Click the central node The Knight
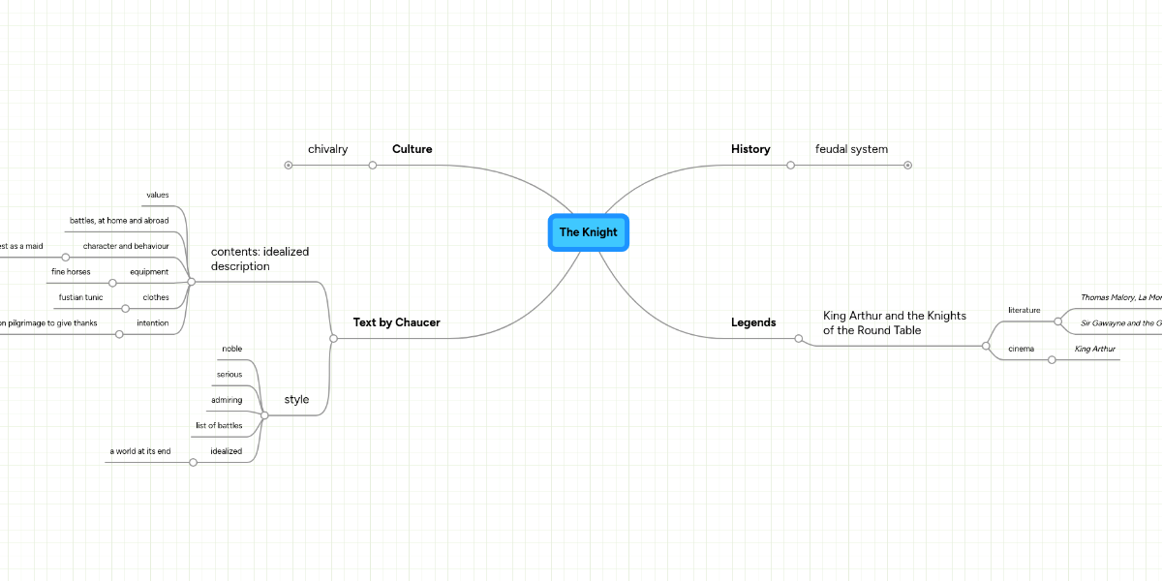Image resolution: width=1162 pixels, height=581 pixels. [x=588, y=232]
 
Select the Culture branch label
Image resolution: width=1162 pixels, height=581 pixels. [x=412, y=149]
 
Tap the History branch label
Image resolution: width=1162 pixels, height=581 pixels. [x=750, y=149]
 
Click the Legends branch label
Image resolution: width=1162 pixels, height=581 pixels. [x=753, y=322]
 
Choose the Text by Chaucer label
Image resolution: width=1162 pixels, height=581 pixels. [x=396, y=322]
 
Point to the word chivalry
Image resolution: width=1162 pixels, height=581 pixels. [x=327, y=149]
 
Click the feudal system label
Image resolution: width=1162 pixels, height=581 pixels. [x=851, y=149]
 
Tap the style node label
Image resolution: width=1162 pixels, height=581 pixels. [x=296, y=399]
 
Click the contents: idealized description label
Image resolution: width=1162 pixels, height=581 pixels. [x=260, y=259]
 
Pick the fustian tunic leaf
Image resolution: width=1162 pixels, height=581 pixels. [x=80, y=297]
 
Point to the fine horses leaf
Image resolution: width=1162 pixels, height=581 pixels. [x=71, y=272]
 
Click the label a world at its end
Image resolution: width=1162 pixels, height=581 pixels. [x=139, y=451]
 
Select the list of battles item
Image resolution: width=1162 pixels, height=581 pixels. [x=218, y=425]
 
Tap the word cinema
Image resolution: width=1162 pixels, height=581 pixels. [x=1021, y=349]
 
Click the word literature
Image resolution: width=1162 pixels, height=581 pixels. [x=1024, y=310]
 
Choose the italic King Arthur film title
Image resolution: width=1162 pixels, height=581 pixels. [x=1095, y=349]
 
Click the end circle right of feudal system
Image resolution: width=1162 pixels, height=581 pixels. [x=907, y=165]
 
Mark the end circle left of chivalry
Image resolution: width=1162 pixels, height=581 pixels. [x=289, y=165]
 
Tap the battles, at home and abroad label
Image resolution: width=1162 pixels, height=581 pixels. [x=118, y=221]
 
